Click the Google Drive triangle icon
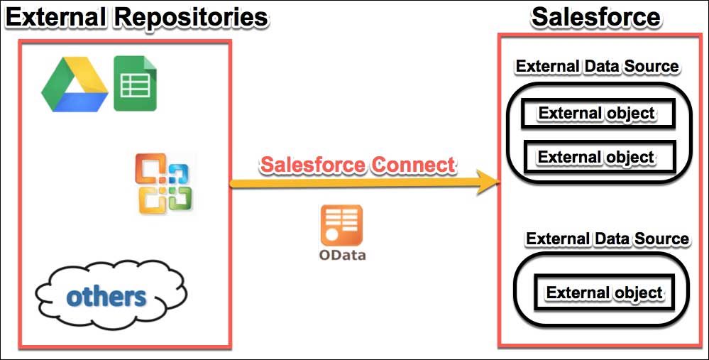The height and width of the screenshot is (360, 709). point(74,85)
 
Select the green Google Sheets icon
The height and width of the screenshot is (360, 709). point(136,84)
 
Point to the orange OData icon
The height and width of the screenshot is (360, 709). point(342,225)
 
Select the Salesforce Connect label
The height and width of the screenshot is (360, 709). point(357,164)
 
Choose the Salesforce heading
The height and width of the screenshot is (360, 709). point(596,17)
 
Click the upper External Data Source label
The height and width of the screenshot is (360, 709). point(597,67)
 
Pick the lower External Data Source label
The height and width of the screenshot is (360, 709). point(607,239)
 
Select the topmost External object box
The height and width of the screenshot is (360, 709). point(596,114)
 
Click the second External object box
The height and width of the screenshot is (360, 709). point(596,156)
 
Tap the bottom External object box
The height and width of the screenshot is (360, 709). point(604,293)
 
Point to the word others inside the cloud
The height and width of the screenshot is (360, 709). point(106,296)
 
